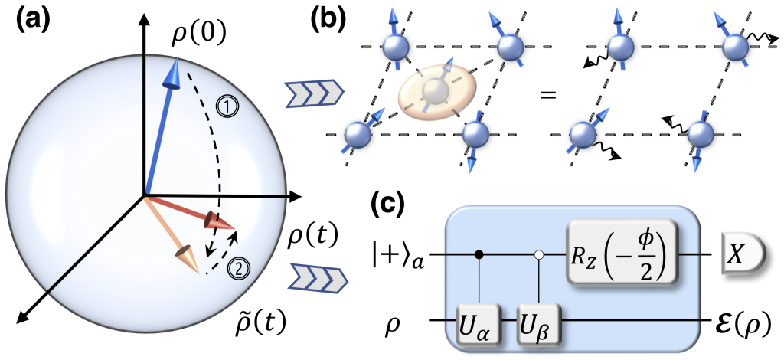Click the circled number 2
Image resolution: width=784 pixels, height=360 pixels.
(239, 267)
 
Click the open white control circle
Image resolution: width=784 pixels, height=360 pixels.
(541, 252)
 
